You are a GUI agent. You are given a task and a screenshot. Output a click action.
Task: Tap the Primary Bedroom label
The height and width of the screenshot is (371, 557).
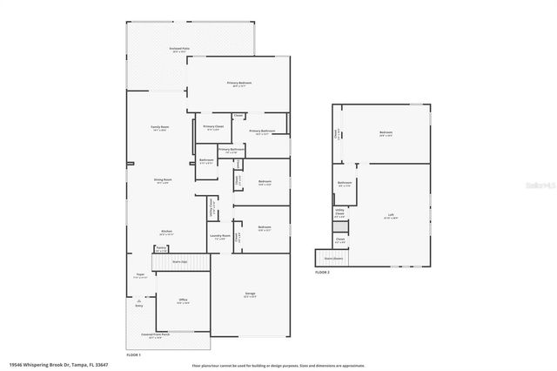tap(239, 84)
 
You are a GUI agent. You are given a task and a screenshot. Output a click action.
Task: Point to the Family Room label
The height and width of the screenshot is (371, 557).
tap(159, 129)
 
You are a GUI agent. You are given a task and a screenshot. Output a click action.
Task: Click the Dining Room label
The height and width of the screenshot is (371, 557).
tap(163, 181)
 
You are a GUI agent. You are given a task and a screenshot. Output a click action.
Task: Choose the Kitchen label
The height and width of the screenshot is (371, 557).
tap(166, 233)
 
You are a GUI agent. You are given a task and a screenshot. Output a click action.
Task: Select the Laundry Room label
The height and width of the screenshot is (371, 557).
tap(220, 236)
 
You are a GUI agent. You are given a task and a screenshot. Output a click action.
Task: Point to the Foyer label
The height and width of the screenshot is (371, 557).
tap(138, 274)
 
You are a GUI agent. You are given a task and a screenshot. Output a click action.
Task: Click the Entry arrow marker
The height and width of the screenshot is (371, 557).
tap(138, 304)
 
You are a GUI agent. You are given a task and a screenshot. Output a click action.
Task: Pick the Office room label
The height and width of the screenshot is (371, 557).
tap(184, 301)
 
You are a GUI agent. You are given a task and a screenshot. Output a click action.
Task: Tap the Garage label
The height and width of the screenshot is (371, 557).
tap(250, 294)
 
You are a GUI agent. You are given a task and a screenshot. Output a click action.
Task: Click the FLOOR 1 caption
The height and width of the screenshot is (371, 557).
tap(133, 354)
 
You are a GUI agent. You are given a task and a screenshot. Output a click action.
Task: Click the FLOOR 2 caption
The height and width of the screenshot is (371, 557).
tap(323, 273)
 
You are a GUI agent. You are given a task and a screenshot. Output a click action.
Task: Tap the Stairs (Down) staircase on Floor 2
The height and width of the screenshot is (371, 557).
tap(333, 258)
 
